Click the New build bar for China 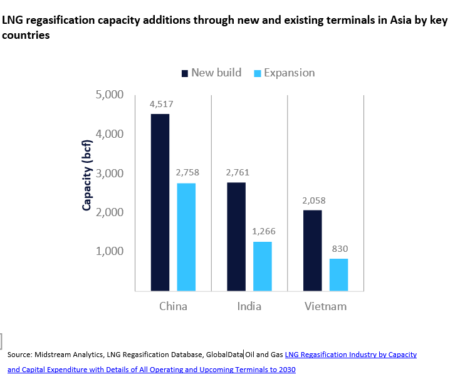click(x=160, y=202)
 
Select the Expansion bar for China click(x=186, y=237)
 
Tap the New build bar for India click(x=236, y=236)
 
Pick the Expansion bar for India click(x=262, y=266)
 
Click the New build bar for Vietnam click(x=313, y=251)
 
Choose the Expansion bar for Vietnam click(x=338, y=274)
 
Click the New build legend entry click(x=211, y=73)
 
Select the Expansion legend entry click(x=283, y=73)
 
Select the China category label click(x=173, y=307)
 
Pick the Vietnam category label click(x=325, y=307)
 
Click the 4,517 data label click(x=160, y=104)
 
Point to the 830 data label click(x=338, y=248)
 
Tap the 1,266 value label click(x=262, y=231)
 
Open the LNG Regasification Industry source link click(x=351, y=355)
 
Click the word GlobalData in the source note click(x=224, y=355)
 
